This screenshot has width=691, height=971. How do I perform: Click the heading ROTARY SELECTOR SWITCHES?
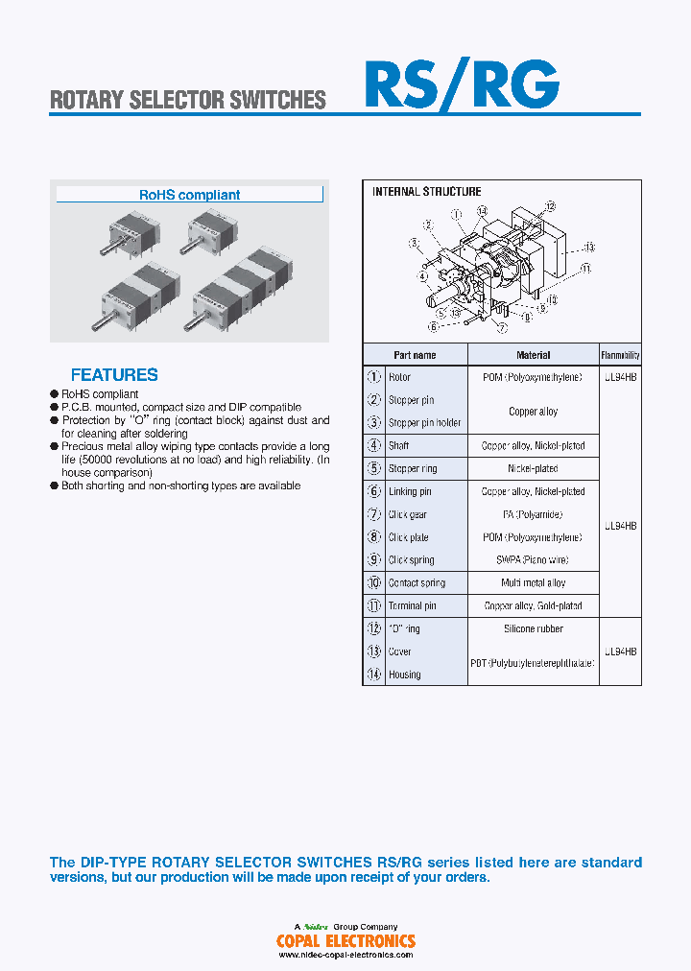pyautogui.click(x=188, y=100)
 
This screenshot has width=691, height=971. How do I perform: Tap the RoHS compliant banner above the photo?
pyautogui.click(x=190, y=195)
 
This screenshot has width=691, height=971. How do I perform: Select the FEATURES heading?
pyautogui.click(x=114, y=375)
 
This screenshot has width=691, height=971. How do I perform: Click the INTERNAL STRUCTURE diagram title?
pyautogui.click(x=426, y=192)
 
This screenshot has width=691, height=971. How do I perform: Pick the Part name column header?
pyautogui.click(x=415, y=355)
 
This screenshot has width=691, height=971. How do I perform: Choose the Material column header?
pyautogui.click(x=533, y=355)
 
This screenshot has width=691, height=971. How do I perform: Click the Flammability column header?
pyautogui.click(x=620, y=355)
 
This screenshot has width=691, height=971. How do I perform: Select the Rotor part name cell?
pyautogui.click(x=399, y=378)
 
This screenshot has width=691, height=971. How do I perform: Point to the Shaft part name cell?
pyautogui.click(x=399, y=446)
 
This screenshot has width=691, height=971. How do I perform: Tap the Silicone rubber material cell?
pyautogui.click(x=533, y=629)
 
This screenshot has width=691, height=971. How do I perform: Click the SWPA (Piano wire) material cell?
pyautogui.click(x=533, y=560)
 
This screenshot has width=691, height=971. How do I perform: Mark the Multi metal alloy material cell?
pyautogui.click(x=533, y=583)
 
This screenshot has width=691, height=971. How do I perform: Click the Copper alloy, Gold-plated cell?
pyautogui.click(x=533, y=606)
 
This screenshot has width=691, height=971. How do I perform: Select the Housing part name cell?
pyautogui.click(x=404, y=675)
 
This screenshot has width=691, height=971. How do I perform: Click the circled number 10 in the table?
pyautogui.click(x=374, y=583)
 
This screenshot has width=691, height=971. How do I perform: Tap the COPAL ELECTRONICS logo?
pyautogui.click(x=345, y=941)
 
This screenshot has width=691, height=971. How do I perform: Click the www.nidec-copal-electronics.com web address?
pyautogui.click(x=345, y=956)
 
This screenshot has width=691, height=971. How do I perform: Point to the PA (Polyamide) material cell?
pyautogui.click(x=533, y=515)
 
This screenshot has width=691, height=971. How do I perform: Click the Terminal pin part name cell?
pyautogui.click(x=412, y=606)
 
